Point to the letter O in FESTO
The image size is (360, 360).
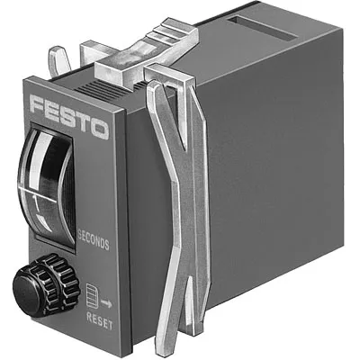tap(103, 127)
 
